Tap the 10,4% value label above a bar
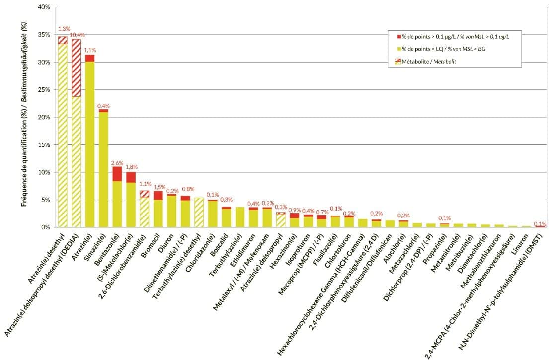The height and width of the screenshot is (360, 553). point(77,35)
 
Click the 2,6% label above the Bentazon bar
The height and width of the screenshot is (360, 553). point(117,162)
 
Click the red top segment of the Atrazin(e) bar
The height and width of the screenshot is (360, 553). point(90,58)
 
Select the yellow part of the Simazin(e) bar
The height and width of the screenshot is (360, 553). point(103,169)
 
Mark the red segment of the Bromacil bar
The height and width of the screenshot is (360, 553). point(158,195)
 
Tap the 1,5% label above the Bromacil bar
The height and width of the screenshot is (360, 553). point(158,187)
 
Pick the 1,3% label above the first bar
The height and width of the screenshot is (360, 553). point(64,29)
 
